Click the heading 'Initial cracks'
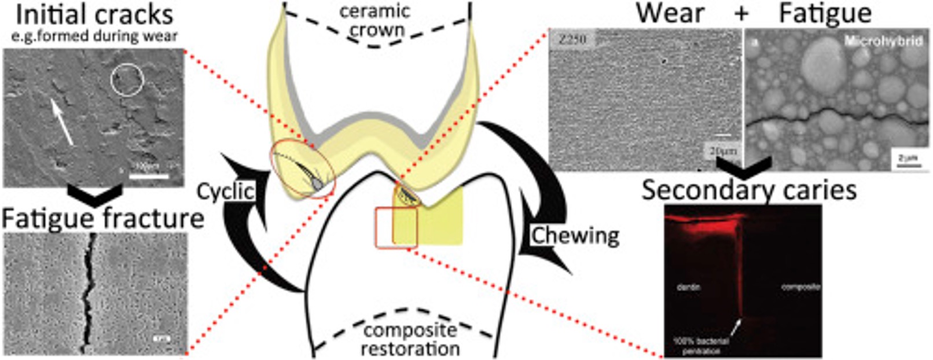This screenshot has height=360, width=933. pos(94,14)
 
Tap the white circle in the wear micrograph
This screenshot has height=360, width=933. pos(127,79)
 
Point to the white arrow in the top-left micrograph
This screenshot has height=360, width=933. pos(61,121)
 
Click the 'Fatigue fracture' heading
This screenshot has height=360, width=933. pos(102,219)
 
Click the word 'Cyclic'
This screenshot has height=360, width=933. pos(226,192)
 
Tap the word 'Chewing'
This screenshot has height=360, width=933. pos(575,236)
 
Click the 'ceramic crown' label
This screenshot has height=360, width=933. pos(375,21)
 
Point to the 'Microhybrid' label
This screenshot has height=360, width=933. pos(883,42)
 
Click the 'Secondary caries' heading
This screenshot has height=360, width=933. pos(749,190)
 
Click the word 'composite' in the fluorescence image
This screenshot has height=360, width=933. pos(800,286)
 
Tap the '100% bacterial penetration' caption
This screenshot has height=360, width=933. pos(700,346)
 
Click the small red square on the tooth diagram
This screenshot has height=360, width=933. pos(396,227)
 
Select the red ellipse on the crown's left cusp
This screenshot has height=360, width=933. pos(302,169)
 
